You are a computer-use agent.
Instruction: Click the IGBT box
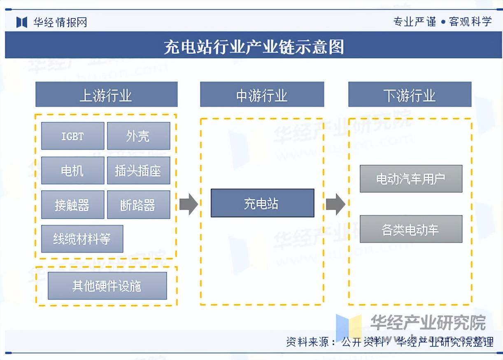coord(72,136)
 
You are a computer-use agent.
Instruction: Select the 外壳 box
coord(138,136)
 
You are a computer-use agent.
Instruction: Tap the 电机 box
coord(72,170)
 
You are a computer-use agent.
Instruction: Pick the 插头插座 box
coord(138,170)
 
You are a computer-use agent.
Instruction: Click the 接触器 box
coord(72,204)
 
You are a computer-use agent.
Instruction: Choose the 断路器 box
coord(138,204)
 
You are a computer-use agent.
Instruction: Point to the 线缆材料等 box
coord(82,238)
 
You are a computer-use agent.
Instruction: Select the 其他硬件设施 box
coord(107,285)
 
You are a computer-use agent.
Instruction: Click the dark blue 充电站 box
coord(262,203)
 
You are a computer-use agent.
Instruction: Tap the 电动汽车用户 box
coord(411,179)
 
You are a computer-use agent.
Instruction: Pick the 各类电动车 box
coord(411,229)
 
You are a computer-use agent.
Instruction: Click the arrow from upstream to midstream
coord(188,204)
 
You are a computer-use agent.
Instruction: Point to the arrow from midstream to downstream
coord(335,204)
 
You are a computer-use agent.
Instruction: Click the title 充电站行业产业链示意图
coord(254,47)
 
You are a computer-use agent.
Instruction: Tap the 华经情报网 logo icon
coord(22,22)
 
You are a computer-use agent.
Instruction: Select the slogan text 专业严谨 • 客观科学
coord(442,22)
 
